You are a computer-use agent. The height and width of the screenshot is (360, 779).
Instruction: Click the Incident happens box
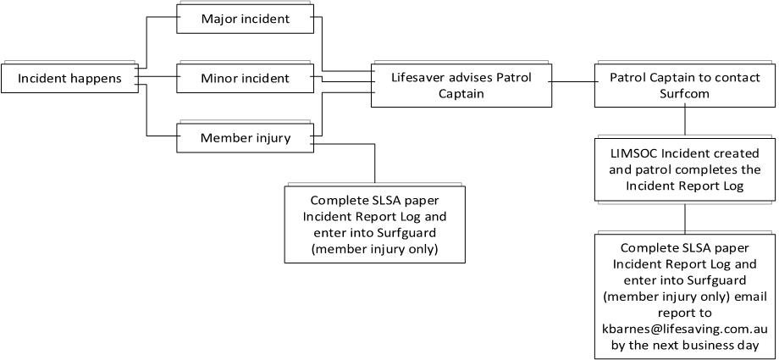pos(69,79)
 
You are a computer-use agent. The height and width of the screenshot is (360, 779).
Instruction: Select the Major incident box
pos(245,19)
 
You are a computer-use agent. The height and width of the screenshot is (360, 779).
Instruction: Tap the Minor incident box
pos(245,79)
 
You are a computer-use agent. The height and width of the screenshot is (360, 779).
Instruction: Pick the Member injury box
pos(245,138)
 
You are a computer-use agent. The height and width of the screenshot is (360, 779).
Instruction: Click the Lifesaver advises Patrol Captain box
pos(461,86)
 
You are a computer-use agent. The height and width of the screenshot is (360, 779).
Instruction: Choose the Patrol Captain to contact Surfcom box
pos(683,86)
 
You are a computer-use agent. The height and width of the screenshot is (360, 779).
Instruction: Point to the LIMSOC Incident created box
pos(683,169)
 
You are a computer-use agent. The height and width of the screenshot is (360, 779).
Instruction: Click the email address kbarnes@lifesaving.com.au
pos(683,329)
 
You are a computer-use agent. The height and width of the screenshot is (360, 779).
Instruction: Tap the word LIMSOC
pos(636,153)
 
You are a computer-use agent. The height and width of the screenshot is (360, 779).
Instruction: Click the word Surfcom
pos(683,94)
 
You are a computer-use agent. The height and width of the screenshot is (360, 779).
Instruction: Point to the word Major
pos(220,19)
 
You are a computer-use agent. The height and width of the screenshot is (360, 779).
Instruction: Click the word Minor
pos(220,79)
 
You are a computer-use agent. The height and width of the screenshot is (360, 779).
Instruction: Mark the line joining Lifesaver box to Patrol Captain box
pos(572,82)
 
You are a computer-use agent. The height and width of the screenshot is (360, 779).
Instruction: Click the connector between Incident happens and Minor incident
pos(157,79)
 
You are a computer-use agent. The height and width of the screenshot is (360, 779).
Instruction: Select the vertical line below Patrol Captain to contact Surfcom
pos(684,120)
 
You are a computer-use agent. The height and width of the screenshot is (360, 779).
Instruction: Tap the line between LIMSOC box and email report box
pos(684,219)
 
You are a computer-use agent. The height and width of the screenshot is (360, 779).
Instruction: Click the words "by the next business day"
pos(683,345)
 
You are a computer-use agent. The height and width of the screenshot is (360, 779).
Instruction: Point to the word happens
pos(97,79)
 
